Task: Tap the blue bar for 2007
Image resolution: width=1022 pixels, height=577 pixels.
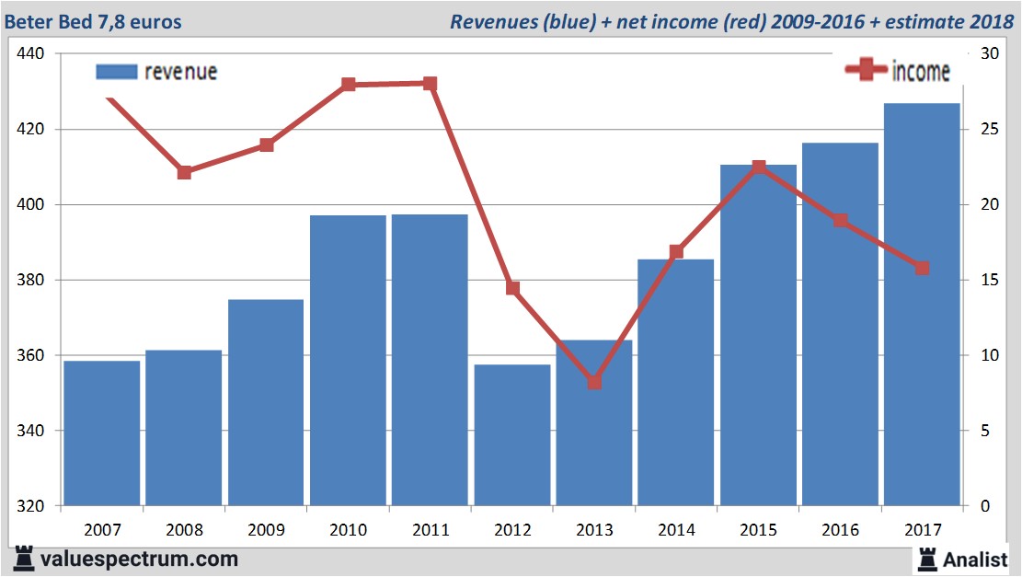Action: (102, 433)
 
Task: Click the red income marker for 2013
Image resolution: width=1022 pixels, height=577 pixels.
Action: (594, 382)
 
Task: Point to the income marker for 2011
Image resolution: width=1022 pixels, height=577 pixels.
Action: (431, 84)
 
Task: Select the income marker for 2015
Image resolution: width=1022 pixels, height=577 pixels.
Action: (759, 167)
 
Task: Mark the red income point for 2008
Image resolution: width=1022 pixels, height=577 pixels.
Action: (184, 172)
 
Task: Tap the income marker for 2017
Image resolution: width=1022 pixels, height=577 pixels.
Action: (922, 268)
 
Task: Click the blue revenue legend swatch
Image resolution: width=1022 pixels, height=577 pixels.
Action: (116, 72)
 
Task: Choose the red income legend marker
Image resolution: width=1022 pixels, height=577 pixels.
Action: (866, 70)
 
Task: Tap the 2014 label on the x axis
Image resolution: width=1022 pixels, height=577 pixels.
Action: (676, 530)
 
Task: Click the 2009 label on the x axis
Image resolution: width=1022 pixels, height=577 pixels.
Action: (266, 530)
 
